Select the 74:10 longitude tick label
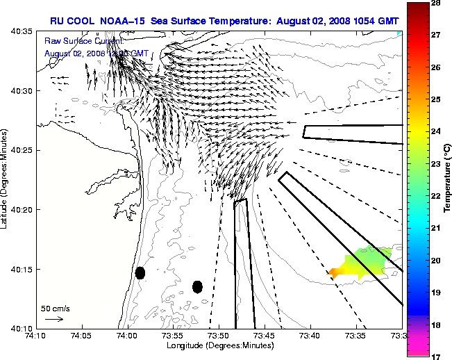(x=35, y=336)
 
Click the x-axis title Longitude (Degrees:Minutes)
(x=219, y=345)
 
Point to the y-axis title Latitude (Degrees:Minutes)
(x=6, y=179)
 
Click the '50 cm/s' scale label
(x=54, y=308)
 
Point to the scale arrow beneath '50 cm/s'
(x=54, y=319)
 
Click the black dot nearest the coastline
(x=140, y=272)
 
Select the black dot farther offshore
(x=197, y=286)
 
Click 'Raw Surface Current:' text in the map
(x=83, y=42)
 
